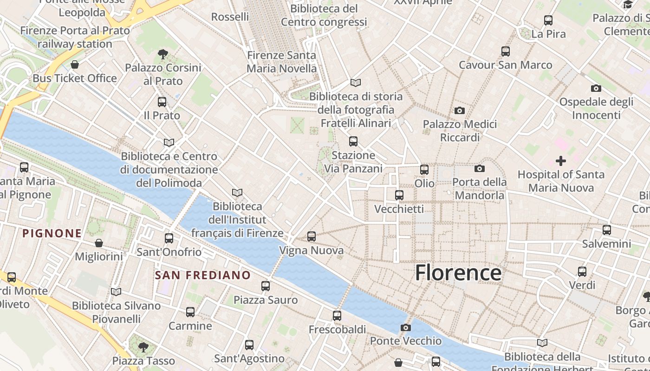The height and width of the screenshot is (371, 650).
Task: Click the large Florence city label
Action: click(458, 273)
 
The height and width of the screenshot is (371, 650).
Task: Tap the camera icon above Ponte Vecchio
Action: click(405, 328)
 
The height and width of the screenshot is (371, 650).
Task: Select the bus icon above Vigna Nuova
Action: click(312, 237)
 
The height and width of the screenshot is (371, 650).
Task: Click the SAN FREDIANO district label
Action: click(203, 275)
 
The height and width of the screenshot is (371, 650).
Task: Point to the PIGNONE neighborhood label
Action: click(52, 233)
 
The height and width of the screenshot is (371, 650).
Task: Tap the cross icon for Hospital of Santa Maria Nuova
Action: click(561, 161)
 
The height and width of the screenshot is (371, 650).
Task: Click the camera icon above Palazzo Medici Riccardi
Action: click(460, 110)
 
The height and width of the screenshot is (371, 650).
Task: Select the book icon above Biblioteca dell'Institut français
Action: click(237, 192)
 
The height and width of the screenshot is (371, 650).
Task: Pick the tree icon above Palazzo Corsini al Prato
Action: click(162, 54)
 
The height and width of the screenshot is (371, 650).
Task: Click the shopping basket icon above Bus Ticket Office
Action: click(75, 64)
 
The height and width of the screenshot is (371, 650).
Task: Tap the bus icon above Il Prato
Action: click(162, 102)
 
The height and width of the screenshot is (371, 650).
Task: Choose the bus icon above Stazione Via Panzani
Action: click(353, 141)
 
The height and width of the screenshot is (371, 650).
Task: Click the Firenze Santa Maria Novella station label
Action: click(281, 62)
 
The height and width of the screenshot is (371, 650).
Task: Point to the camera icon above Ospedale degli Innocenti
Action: click(596, 88)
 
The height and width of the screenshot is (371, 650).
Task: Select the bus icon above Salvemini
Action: click(606, 230)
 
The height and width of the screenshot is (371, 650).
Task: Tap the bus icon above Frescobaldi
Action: click(337, 316)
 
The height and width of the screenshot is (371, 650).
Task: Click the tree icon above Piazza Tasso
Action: click(143, 346)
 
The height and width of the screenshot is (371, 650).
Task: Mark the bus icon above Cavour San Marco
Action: click(506, 51)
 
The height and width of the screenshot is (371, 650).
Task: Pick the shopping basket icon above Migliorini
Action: click(99, 243)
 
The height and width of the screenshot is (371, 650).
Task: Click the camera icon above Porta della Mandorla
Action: click(480, 168)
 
